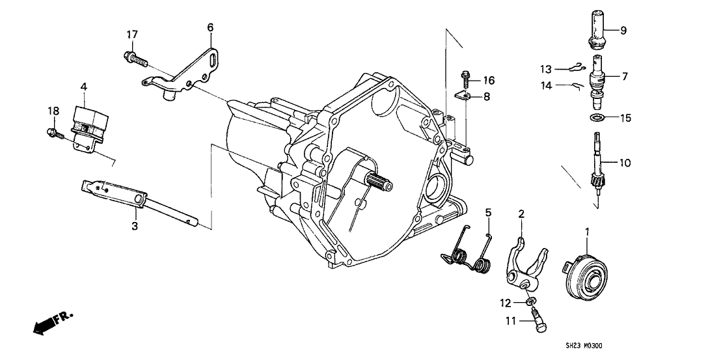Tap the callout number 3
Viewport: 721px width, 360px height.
pos(135,226)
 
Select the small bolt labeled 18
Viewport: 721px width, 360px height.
pos(53,135)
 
